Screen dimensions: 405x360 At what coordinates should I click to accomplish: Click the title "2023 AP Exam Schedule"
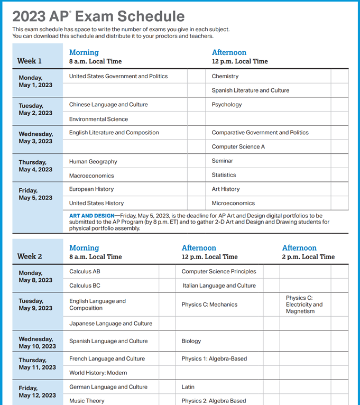click(x=98, y=16)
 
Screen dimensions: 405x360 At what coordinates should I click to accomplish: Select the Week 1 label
click(x=29, y=61)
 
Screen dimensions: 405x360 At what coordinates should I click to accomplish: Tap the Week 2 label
click(x=30, y=256)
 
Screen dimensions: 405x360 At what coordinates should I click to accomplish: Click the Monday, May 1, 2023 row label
click(x=34, y=81)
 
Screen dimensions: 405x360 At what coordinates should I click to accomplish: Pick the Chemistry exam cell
click(x=225, y=76)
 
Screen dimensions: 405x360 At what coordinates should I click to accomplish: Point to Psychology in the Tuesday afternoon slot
click(x=227, y=105)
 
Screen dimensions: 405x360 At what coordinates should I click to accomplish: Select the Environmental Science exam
click(x=98, y=119)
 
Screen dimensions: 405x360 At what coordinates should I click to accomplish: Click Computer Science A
click(x=238, y=146)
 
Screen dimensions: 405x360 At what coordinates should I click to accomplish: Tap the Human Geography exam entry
click(x=93, y=161)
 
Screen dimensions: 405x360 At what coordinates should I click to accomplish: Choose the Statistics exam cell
click(x=224, y=175)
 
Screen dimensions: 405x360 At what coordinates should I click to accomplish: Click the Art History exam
click(x=226, y=189)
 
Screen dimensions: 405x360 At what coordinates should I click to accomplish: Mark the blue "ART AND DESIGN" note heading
click(x=91, y=216)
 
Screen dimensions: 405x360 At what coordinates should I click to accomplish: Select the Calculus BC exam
click(x=85, y=286)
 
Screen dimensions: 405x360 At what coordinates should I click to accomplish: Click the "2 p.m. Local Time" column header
click(x=308, y=257)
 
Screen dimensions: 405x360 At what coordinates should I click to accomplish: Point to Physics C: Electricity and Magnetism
click(x=304, y=305)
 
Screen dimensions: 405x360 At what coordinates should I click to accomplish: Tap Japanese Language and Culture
click(x=110, y=324)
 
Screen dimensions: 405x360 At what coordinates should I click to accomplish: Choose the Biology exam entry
click(x=191, y=341)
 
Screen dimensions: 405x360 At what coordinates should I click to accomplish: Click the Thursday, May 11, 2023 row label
click(x=37, y=363)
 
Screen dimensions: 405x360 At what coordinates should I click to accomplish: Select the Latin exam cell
click(x=188, y=387)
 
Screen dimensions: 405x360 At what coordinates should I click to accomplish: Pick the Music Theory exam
click(x=87, y=401)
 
